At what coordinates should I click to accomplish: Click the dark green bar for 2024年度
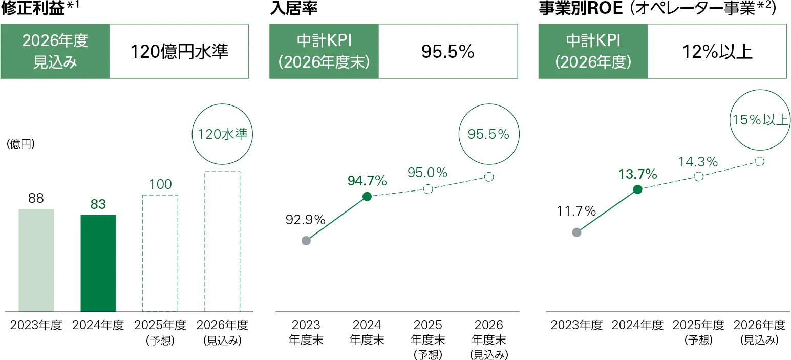tap(98, 263)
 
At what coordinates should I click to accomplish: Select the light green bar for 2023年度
tap(36, 260)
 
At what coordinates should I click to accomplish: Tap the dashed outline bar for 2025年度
tap(160, 253)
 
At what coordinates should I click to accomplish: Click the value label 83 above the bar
tap(98, 204)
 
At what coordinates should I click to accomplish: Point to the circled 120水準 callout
tap(222, 134)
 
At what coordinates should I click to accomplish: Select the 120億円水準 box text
tap(179, 51)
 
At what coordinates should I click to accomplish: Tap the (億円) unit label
tap(20, 144)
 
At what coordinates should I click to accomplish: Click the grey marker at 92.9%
tap(306, 241)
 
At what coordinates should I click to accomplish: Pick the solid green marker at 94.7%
tap(367, 196)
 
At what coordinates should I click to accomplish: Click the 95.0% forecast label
tap(427, 173)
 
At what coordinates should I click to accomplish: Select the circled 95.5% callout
tap(488, 134)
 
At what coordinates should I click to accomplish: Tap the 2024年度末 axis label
tap(367, 332)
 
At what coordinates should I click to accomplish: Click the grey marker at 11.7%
tap(576, 232)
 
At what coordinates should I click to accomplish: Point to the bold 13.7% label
tap(637, 174)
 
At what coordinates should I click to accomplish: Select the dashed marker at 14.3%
tap(698, 177)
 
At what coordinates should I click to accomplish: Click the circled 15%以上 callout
tap(760, 120)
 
